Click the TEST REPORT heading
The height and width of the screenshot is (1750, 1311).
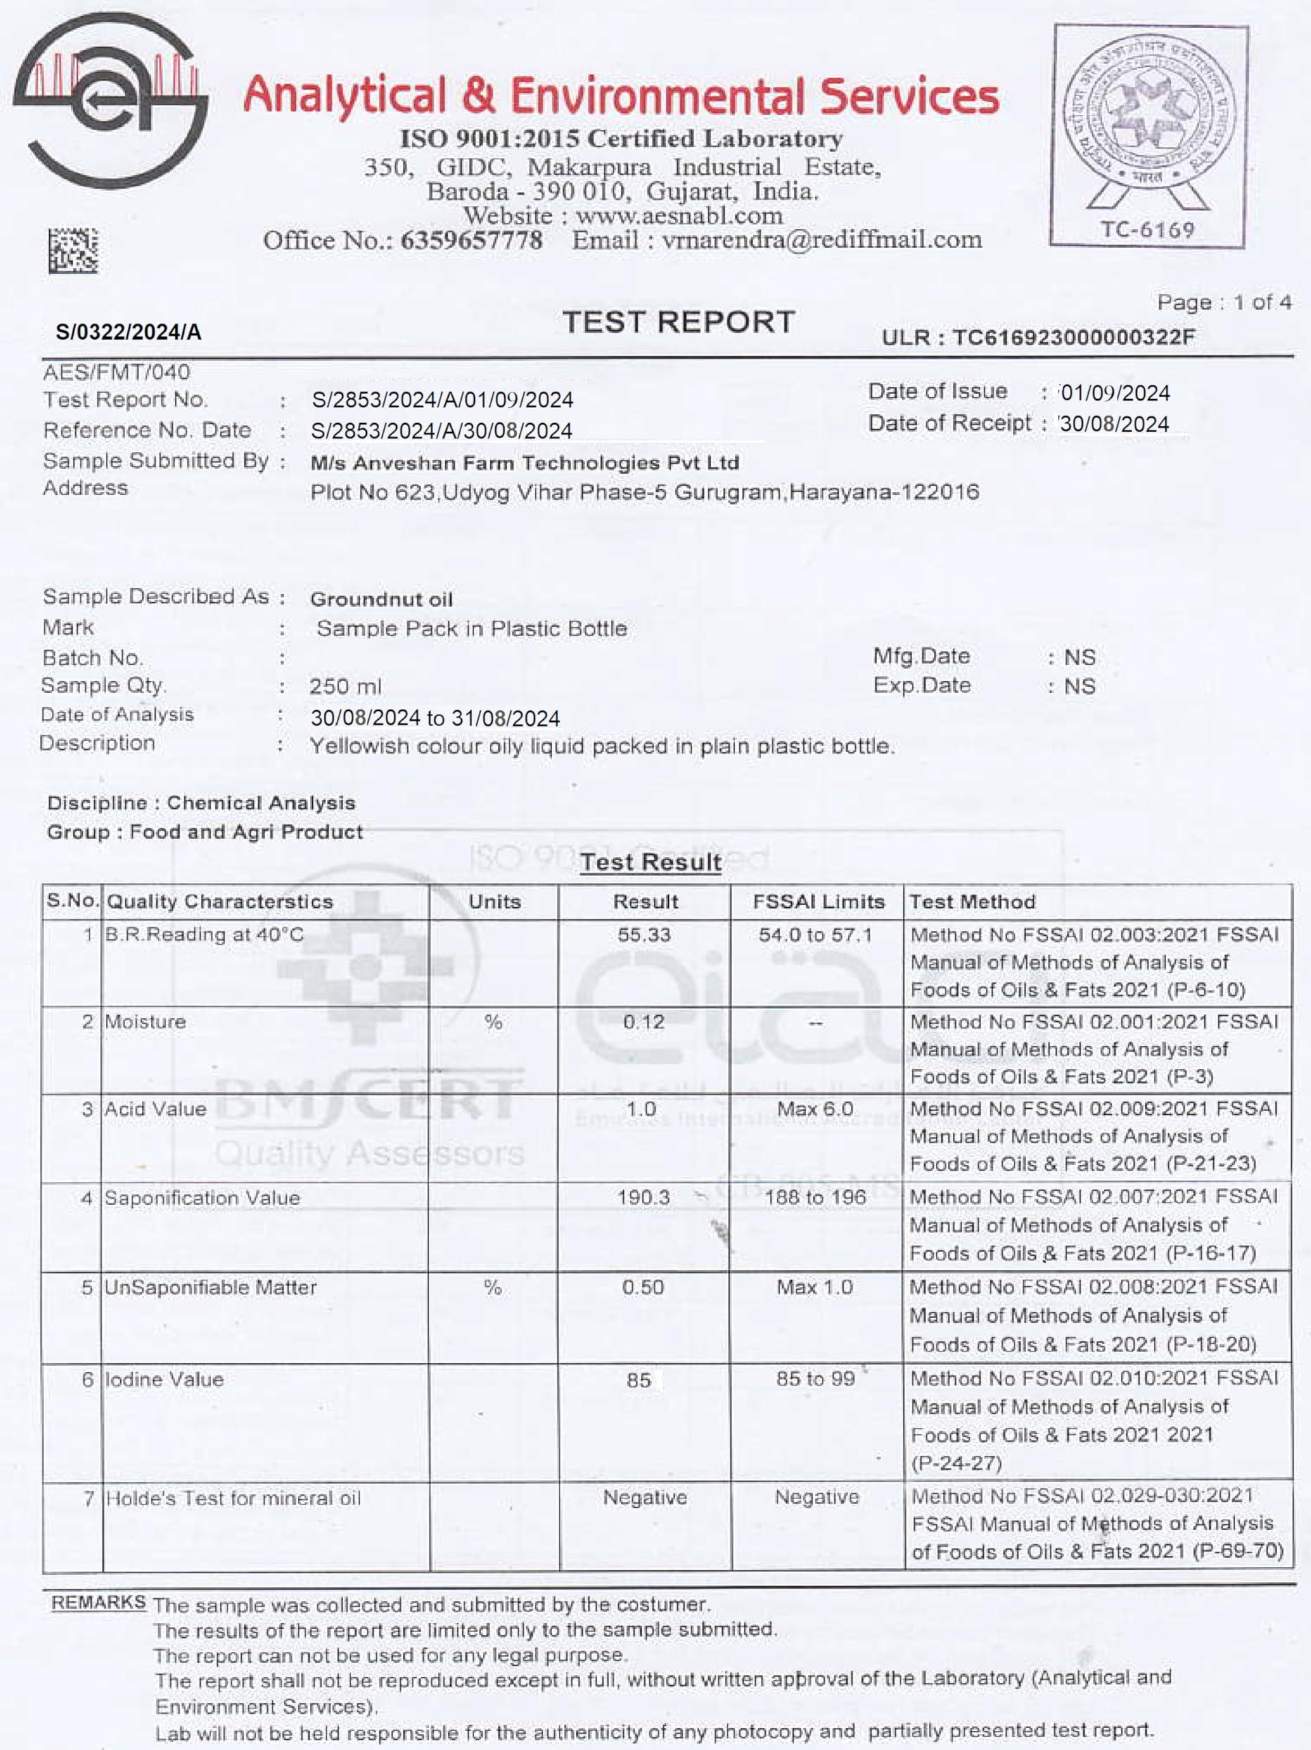click(678, 322)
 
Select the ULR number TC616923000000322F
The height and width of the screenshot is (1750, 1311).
click(1073, 338)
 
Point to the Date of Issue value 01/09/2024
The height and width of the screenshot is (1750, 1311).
click(1115, 393)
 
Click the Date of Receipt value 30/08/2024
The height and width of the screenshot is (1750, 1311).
click(1114, 424)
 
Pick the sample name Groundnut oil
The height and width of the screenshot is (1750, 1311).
click(381, 599)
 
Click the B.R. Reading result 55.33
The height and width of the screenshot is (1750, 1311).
click(644, 935)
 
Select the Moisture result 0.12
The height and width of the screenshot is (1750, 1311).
click(644, 1022)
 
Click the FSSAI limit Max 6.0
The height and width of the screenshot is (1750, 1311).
click(815, 1109)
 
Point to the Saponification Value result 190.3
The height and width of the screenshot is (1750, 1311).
click(644, 1198)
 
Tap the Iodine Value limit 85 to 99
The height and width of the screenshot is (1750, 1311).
click(815, 1379)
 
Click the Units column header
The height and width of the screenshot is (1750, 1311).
click(494, 902)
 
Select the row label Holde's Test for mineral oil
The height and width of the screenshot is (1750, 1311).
click(233, 1498)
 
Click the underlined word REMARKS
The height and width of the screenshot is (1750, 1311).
click(99, 1603)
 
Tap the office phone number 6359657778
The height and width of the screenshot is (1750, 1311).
click(471, 240)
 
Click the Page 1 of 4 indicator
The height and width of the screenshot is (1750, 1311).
click(1224, 302)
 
